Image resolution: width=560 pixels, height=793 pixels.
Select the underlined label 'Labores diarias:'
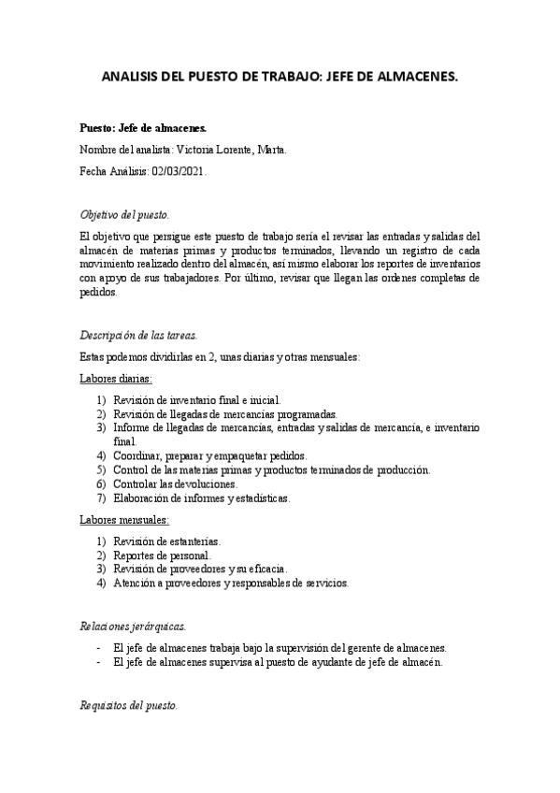(116, 379)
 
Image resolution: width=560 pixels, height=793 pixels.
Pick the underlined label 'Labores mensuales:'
(123, 519)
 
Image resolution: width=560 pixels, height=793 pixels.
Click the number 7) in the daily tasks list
(102, 498)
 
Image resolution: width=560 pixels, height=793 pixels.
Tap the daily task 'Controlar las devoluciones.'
(175, 484)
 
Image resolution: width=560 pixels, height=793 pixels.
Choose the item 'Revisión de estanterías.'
(167, 541)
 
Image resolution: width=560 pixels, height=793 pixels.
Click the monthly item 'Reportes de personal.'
(162, 555)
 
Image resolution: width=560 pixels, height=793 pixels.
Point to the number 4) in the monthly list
(102, 584)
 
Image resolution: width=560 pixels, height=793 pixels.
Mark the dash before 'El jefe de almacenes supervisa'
(99, 663)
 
